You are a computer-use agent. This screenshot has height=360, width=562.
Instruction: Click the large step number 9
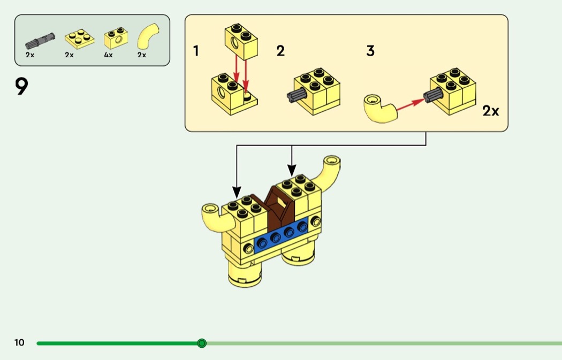tap(21, 87)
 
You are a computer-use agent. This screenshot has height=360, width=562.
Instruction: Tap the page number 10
tap(19, 342)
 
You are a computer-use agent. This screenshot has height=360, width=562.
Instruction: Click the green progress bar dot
tap(202, 343)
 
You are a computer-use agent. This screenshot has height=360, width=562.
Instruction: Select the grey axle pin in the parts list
tap(40, 41)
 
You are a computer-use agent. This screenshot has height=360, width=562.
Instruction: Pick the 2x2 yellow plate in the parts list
tap(80, 39)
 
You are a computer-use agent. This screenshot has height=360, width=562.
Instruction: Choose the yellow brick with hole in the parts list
tap(116, 37)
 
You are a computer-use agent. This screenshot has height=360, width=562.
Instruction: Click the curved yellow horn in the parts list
tap(148, 36)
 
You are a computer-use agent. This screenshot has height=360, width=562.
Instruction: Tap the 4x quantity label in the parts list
tap(108, 55)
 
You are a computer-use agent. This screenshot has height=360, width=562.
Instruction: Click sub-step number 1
tap(196, 51)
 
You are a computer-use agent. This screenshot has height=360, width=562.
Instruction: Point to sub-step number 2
tap(280, 51)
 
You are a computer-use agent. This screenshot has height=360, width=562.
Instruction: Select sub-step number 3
tap(370, 51)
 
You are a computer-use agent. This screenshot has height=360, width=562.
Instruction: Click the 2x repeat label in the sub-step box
tap(490, 111)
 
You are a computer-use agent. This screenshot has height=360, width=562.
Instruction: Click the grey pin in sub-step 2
tap(297, 95)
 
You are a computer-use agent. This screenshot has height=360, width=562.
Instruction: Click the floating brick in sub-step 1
tap(241, 42)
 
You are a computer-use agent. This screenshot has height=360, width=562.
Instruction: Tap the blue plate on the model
tap(281, 235)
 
